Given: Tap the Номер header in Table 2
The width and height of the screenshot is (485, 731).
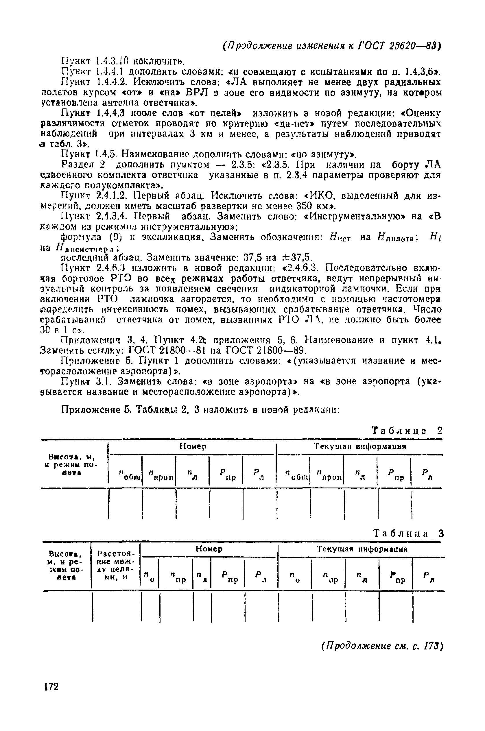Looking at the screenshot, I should pyautogui.click(x=193, y=447).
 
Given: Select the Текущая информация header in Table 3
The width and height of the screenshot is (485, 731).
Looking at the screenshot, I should pyautogui.click(x=362, y=549).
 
